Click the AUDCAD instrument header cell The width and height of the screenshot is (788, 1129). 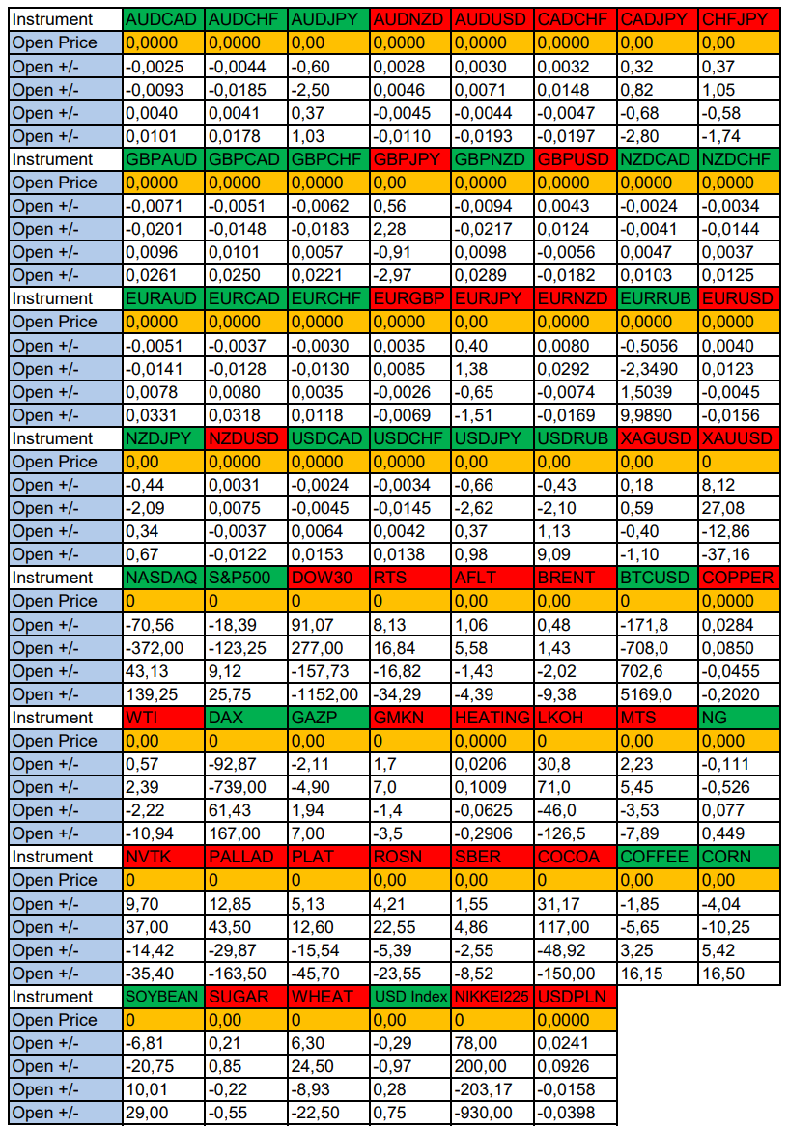[163, 19]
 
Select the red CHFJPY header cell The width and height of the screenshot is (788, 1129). [739, 19]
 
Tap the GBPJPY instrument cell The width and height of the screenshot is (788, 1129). [410, 159]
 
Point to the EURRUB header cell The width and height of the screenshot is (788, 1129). [657, 298]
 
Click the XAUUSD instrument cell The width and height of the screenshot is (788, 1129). [739, 438]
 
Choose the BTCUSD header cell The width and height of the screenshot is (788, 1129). [657, 578]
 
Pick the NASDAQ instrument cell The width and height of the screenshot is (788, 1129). [163, 578]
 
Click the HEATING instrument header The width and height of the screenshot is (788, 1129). [492, 718]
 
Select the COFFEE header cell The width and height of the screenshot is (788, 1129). [657, 857]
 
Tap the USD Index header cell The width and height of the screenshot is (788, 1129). [410, 997]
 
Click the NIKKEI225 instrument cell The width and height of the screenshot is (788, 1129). [492, 997]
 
